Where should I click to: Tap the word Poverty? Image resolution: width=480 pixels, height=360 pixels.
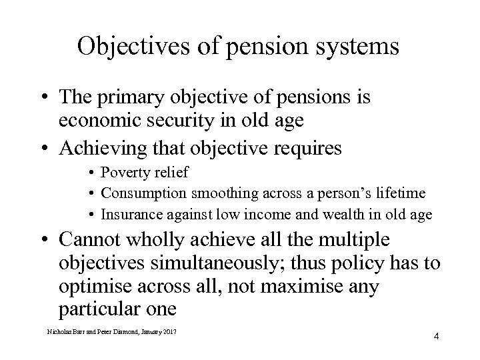[x=123, y=173]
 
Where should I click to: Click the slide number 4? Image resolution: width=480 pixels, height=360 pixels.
[x=435, y=336]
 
